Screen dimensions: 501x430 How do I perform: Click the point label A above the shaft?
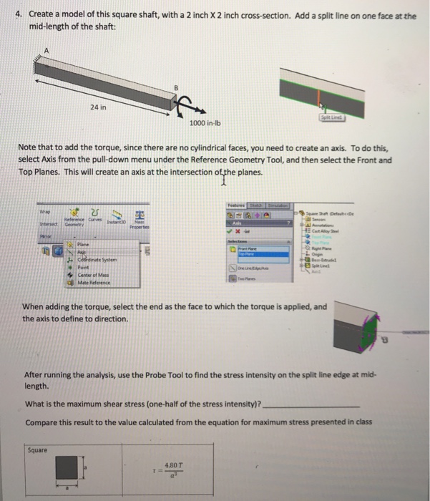(x=47, y=50)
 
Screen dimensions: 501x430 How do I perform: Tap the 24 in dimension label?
(x=99, y=108)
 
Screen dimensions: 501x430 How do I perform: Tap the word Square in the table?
(x=37, y=450)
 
